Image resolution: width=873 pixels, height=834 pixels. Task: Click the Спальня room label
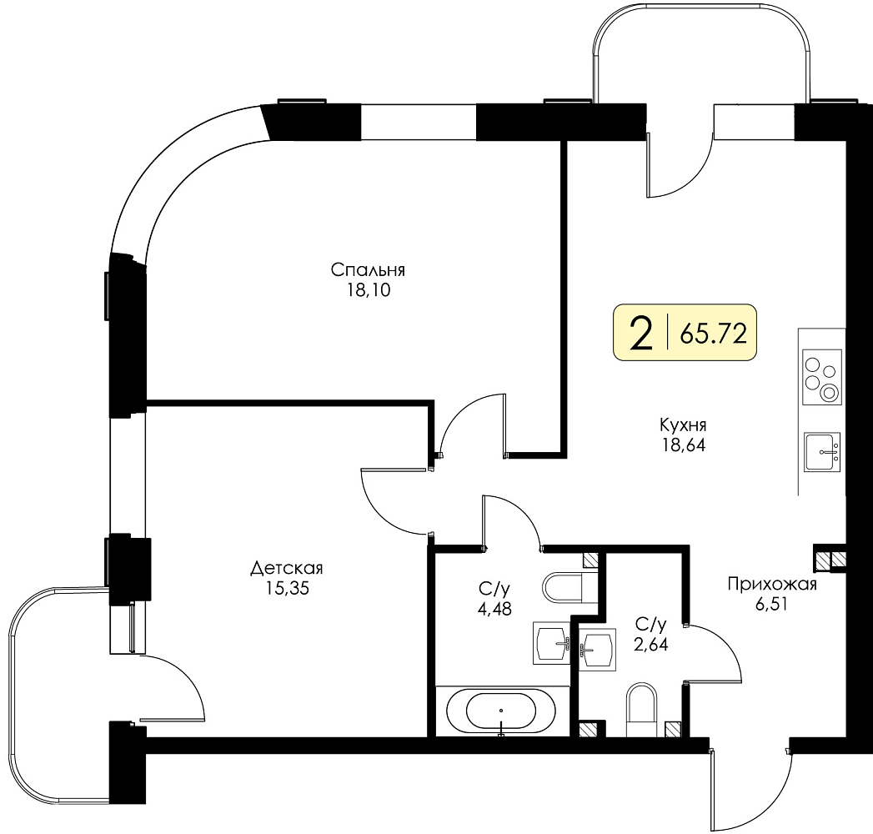tap(368, 270)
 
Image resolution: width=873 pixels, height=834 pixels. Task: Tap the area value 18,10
tap(369, 290)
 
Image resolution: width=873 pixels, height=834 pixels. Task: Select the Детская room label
tap(287, 569)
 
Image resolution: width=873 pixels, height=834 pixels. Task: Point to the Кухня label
tap(683, 425)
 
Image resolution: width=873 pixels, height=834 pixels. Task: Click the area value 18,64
tap(683, 445)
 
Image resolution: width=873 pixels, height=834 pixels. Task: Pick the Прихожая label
tap(772, 584)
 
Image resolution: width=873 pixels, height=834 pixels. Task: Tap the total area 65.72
tap(713, 334)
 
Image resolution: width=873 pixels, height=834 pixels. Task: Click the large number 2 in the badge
tap(641, 334)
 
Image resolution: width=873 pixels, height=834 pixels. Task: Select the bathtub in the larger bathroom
tap(501, 711)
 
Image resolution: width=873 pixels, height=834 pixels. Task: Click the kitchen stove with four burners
tap(822, 378)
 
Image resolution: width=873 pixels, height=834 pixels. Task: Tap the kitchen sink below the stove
tap(822, 451)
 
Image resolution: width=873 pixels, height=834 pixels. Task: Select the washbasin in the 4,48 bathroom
tap(551, 643)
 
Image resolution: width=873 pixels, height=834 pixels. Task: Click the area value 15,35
tap(287, 588)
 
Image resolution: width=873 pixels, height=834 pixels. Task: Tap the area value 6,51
tap(771, 604)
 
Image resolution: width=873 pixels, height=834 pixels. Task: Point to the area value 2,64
tap(651, 644)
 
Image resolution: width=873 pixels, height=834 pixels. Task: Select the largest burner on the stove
tap(830, 393)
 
